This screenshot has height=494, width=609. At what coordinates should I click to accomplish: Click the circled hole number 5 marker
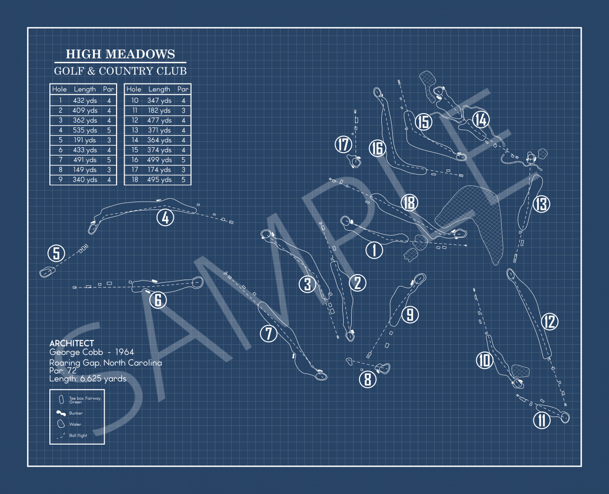coord(56,253)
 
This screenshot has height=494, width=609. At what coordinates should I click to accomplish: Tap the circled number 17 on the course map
coord(343,144)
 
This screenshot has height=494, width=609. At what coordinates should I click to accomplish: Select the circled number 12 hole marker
coord(550,322)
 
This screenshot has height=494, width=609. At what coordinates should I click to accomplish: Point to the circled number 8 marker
coord(367,379)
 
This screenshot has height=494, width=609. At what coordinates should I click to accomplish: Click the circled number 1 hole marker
coord(374,249)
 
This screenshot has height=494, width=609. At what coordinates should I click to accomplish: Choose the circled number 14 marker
coord(481,119)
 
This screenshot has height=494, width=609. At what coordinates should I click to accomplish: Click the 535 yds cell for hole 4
coord(85,130)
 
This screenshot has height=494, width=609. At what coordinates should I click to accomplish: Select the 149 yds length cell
coord(85,170)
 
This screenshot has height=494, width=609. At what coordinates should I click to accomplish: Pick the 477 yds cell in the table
coord(159,121)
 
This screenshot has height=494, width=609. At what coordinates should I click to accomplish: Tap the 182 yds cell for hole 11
coord(159,111)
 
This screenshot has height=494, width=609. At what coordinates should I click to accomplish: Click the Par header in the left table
coord(108,89)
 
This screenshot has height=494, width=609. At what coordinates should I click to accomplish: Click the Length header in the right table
coord(159,89)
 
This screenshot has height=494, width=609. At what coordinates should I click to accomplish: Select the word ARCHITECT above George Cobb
coord(72,343)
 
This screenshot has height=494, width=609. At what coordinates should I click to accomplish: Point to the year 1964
coord(124,352)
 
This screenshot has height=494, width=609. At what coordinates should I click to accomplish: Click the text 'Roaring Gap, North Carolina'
coord(106,363)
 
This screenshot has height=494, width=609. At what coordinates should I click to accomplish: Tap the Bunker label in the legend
coord(76,413)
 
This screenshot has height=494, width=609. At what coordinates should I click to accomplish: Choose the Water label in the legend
coord(75,424)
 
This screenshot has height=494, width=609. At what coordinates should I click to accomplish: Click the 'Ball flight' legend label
coord(78,436)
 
